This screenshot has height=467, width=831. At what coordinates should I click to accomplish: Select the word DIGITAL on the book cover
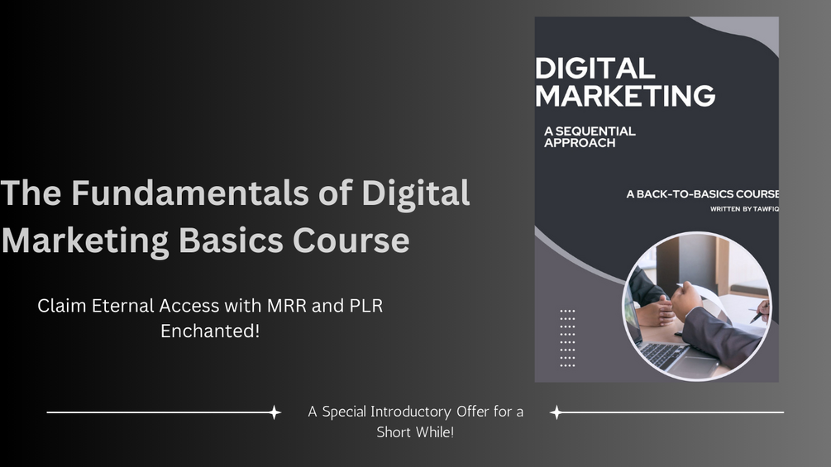[595, 69]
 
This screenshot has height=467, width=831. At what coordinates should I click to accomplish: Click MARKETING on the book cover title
[624, 96]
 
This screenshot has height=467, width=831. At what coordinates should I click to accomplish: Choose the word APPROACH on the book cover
[580, 142]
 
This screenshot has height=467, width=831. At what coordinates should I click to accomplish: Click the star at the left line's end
[275, 412]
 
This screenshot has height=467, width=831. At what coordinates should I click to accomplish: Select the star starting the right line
[556, 412]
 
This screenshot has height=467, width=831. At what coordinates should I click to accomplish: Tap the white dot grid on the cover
[567, 337]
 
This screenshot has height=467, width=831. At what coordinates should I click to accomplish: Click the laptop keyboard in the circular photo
[658, 353]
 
